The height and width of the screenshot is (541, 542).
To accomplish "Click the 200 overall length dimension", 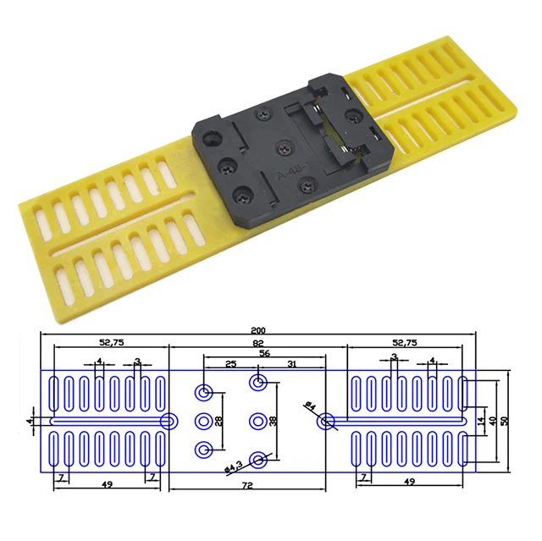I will [x=258, y=331].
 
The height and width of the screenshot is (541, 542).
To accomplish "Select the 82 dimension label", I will [x=257, y=343].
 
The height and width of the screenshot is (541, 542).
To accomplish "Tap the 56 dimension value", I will [x=264, y=354].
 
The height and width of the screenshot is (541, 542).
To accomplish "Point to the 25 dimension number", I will [x=230, y=364].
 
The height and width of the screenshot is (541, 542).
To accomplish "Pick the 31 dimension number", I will [x=291, y=364].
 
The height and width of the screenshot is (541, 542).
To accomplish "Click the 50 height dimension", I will [x=506, y=421].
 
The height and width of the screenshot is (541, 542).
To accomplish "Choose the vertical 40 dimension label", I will [x=494, y=421].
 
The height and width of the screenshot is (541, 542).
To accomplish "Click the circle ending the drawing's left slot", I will [x=168, y=421].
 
